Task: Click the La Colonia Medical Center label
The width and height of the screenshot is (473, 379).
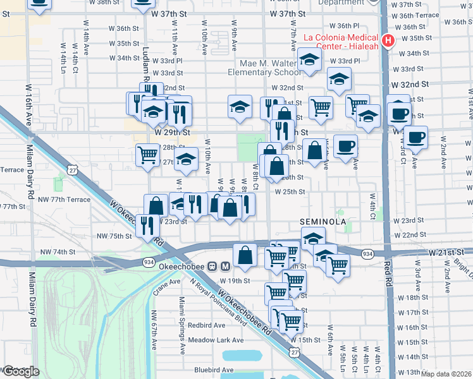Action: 341,41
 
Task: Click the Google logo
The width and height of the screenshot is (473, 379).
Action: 21,371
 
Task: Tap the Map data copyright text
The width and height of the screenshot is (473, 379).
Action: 446,374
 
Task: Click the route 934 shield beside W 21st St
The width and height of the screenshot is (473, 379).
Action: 367,253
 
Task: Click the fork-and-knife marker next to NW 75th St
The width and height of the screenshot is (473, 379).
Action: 147,225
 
